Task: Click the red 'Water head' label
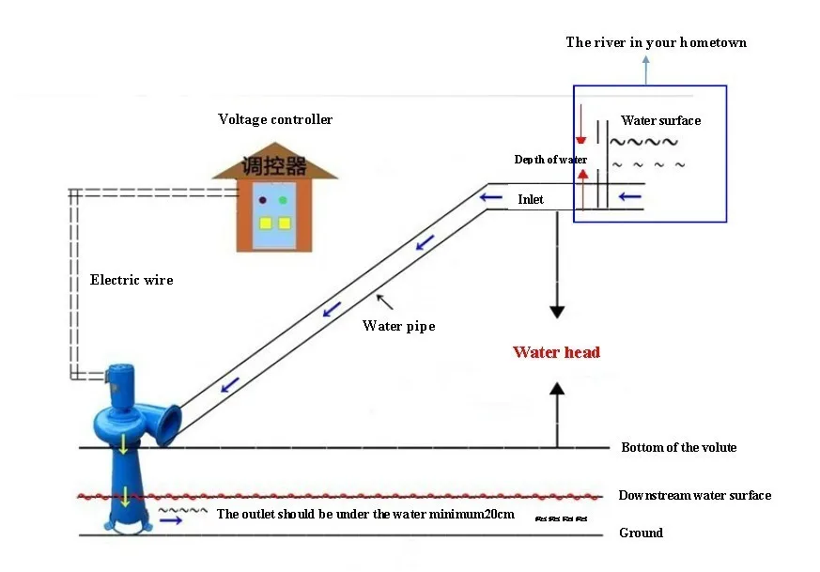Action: point(556,352)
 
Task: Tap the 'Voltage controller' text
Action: point(275,119)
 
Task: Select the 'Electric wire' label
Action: point(132,280)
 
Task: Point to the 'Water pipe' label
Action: point(398,326)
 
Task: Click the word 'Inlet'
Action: point(531,199)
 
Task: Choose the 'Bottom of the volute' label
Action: point(679,447)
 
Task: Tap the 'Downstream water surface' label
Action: point(694,495)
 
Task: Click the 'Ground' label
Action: point(642,533)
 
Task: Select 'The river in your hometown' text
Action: point(657,42)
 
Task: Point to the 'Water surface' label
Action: point(660,120)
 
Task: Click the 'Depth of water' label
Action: point(550,160)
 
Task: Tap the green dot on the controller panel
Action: point(283,200)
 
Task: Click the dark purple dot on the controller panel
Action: point(262,200)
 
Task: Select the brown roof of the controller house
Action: point(275,163)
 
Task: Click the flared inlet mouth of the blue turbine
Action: point(169,425)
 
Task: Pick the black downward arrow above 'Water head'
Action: point(557,265)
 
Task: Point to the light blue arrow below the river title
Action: point(646,70)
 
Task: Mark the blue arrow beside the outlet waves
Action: point(171,520)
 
